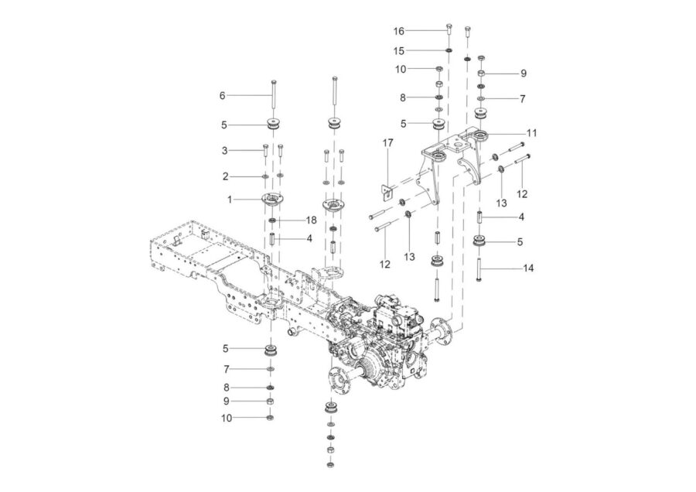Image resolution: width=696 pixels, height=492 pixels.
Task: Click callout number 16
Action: [x=398, y=31]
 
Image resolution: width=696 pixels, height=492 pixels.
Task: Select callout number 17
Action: [x=387, y=143]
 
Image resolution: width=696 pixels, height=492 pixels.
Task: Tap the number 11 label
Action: [x=531, y=133]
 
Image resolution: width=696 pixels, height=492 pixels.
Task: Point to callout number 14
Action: [x=528, y=268]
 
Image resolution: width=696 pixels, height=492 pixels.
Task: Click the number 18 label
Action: [x=311, y=220]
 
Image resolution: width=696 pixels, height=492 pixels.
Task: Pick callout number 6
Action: [x=223, y=95]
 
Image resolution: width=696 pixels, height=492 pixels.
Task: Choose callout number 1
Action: [x=230, y=200]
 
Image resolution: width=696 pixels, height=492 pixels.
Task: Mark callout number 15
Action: [x=398, y=51]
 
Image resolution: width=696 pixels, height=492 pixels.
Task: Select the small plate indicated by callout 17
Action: [x=387, y=191]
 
